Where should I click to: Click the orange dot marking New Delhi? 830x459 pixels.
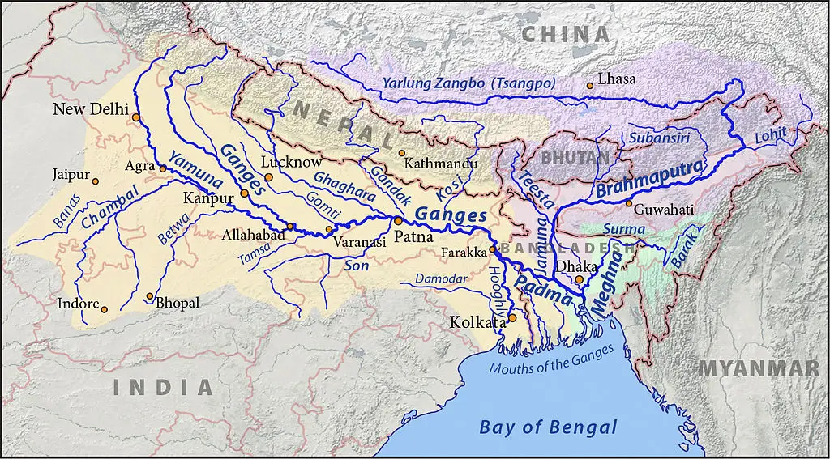pyautogui.click(x=136, y=117)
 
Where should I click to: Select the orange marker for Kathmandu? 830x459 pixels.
pyautogui.click(x=400, y=152)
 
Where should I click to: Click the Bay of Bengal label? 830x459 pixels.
pyautogui.click(x=548, y=427)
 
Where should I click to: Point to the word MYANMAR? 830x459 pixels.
pyautogui.click(x=759, y=368)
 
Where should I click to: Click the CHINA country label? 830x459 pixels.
pyautogui.click(x=565, y=34)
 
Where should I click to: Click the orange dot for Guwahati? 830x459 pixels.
pyautogui.click(x=628, y=202)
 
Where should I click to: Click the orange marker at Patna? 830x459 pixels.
pyautogui.click(x=398, y=220)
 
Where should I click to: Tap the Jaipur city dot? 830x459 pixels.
pyautogui.click(x=96, y=181)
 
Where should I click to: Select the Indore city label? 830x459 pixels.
pyautogui.click(x=77, y=304)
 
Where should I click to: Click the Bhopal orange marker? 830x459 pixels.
pyautogui.click(x=149, y=296)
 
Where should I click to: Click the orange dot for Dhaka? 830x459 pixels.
pyautogui.click(x=579, y=279)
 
